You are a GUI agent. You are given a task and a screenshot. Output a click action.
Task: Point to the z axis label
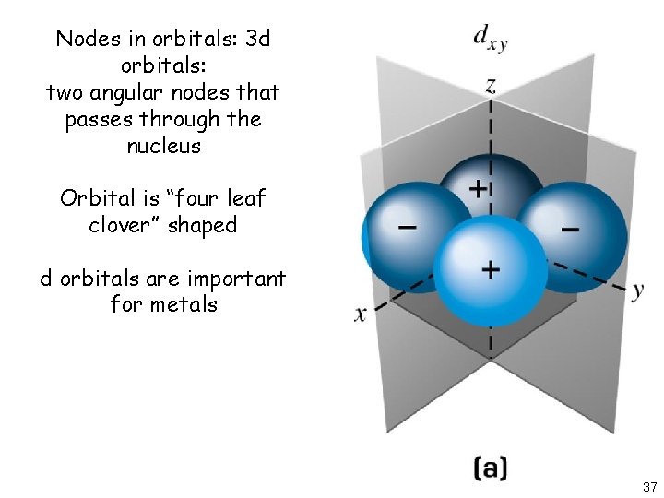tap(492, 86)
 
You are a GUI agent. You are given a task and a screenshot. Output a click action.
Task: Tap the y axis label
tap(637, 290)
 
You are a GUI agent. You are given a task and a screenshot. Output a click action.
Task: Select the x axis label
tap(360, 314)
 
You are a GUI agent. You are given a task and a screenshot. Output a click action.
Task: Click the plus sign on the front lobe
tap(491, 269)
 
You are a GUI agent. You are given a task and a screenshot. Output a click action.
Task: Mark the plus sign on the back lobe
tap(479, 188)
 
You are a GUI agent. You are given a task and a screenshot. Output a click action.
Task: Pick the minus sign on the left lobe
tap(405, 226)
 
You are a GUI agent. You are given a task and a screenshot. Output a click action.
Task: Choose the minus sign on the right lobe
tap(570, 228)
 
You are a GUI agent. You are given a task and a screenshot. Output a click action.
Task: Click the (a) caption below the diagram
tap(490, 467)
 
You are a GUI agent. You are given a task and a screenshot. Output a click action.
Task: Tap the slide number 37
tap(649, 486)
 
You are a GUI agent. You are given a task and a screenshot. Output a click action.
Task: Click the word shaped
tap(203, 226)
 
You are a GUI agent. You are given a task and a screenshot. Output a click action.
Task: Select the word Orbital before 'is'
tap(96, 198)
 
